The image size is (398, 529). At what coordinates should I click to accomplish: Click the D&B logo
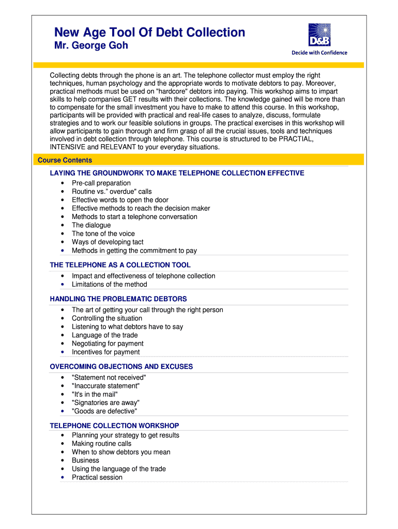[x=319, y=35]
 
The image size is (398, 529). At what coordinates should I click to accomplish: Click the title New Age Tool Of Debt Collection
[x=150, y=33]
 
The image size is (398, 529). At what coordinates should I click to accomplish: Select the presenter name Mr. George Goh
[x=91, y=46]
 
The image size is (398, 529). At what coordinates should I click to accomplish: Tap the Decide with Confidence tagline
[x=319, y=53]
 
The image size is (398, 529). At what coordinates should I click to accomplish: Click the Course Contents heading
[x=65, y=160]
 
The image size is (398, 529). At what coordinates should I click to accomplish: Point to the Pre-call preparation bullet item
[x=101, y=183]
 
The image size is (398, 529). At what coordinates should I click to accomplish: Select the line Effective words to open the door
[x=120, y=200]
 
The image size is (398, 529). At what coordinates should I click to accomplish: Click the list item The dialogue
[x=91, y=225]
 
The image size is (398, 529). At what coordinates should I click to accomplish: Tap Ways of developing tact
[x=108, y=242]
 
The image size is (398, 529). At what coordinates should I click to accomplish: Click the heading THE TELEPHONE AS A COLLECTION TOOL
[x=120, y=265]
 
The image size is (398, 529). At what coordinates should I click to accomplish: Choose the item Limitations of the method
[x=109, y=284]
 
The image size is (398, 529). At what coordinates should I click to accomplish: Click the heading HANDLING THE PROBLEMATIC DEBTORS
[x=118, y=299]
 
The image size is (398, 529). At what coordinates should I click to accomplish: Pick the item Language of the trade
[x=104, y=335]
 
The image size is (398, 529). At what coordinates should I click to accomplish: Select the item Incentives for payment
[x=105, y=352]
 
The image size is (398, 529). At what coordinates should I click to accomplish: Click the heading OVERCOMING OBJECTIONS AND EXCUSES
[x=121, y=366]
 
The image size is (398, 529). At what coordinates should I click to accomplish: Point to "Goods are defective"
[x=104, y=411]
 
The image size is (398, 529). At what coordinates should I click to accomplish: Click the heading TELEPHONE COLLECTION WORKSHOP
[x=114, y=426]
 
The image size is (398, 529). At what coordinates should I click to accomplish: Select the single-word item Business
[x=85, y=460]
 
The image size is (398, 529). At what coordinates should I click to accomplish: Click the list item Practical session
[x=97, y=477]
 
